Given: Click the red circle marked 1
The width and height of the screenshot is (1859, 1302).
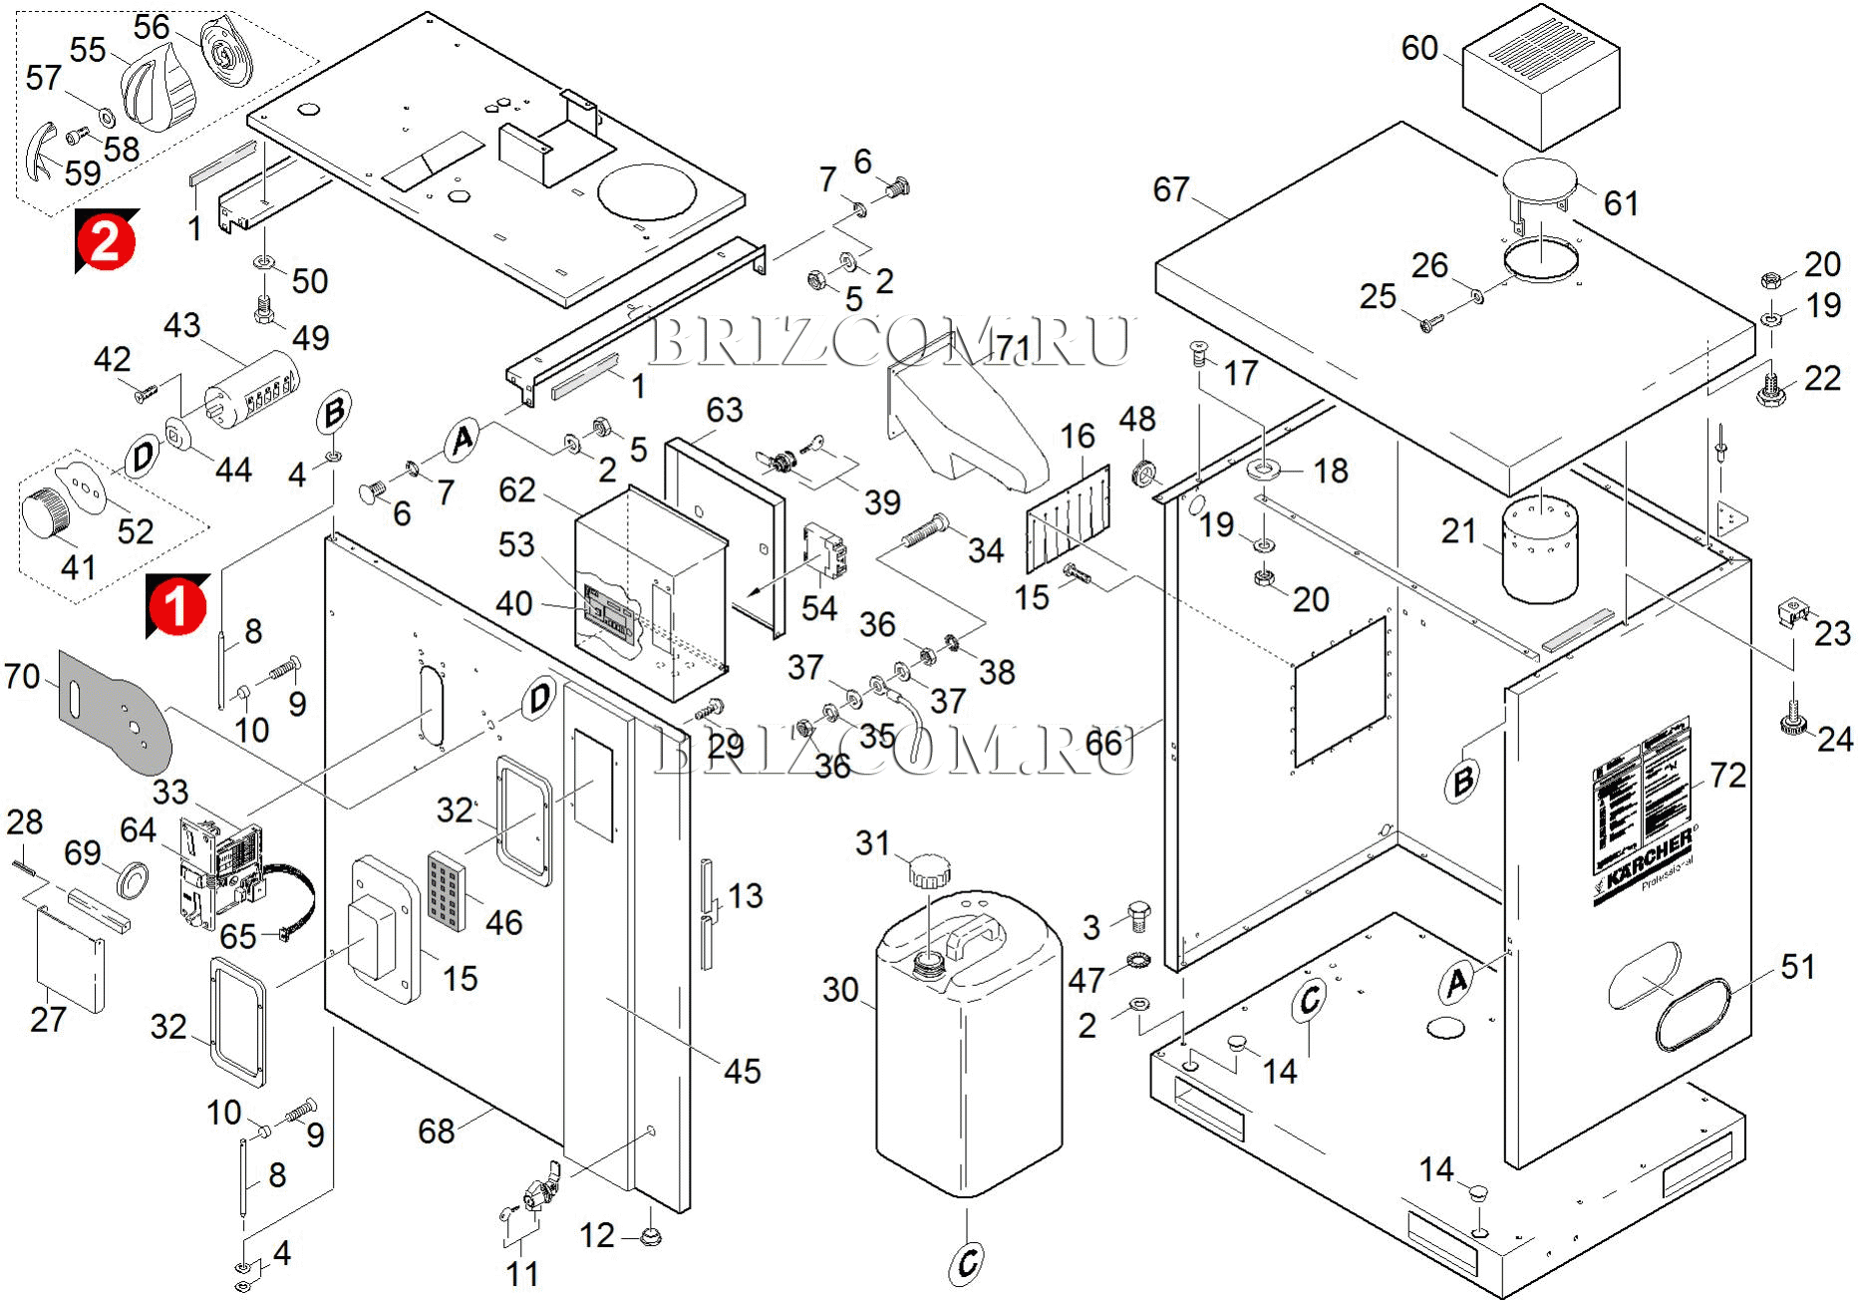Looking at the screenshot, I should click(x=177, y=605).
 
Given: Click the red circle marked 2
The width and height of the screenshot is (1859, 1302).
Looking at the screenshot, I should click(x=106, y=241).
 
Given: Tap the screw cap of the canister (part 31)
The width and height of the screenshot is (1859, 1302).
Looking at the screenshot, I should click(x=930, y=870).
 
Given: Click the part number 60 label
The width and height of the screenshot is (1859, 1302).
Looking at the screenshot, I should click(x=1419, y=48).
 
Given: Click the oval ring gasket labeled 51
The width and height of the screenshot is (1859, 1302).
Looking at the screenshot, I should click(x=1694, y=1013).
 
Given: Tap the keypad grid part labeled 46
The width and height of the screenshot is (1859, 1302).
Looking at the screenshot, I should click(x=447, y=889).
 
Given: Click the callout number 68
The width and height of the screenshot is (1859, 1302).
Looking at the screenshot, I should click(x=437, y=1131).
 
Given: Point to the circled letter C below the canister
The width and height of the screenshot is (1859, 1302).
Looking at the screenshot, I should click(x=966, y=1262).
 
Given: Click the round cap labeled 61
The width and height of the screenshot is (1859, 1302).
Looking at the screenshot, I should click(x=1539, y=180).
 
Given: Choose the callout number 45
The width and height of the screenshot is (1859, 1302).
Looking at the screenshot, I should click(x=743, y=1071).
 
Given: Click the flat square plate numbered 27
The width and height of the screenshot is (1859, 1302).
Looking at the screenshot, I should click(x=70, y=959).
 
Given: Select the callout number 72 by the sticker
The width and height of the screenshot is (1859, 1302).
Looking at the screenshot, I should click(x=1727, y=776).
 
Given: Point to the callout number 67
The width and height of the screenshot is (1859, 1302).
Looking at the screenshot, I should click(x=1171, y=189).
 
